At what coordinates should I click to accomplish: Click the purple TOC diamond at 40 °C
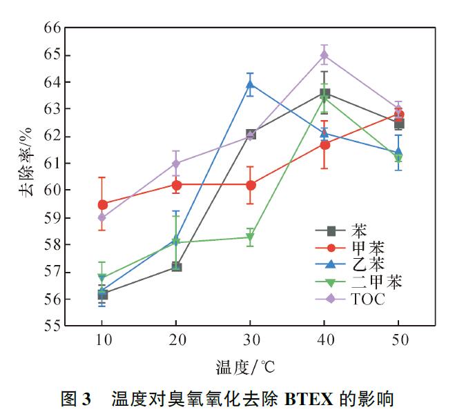coord(325,55)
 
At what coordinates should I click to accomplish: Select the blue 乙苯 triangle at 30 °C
coord(251,85)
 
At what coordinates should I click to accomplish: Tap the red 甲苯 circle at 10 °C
coord(103,204)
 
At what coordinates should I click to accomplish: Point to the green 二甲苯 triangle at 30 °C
coord(251,238)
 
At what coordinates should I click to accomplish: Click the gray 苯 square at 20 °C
coord(177,266)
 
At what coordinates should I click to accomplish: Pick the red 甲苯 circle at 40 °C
coord(325,144)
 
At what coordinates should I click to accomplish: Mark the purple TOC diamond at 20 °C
coord(177,164)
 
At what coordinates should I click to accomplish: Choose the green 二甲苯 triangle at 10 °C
coord(103,278)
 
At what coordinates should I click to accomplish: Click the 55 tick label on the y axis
coord(52,326)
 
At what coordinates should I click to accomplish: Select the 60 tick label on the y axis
coord(52,190)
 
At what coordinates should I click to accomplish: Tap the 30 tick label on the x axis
coord(251,340)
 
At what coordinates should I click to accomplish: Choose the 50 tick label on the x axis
coord(398,340)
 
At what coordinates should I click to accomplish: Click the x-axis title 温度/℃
coord(249,366)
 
